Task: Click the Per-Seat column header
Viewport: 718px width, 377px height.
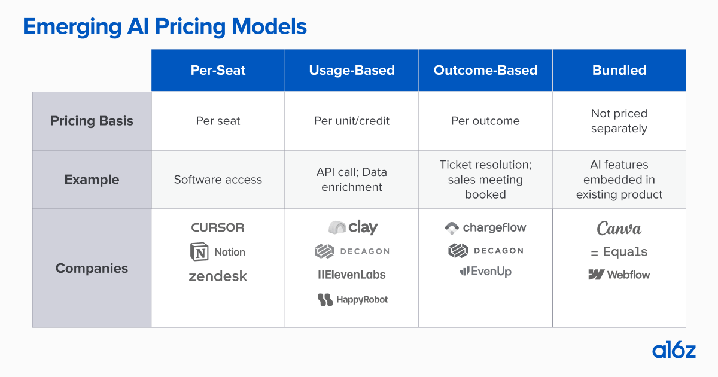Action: tap(218, 70)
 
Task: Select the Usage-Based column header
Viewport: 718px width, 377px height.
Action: tap(352, 70)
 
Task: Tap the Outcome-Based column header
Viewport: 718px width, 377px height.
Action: tap(485, 70)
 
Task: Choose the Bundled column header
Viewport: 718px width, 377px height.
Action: tap(619, 70)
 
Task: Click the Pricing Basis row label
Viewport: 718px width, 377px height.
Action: tap(92, 121)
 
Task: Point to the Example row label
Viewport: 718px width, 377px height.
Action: tap(92, 180)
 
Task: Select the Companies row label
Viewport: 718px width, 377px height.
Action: tap(92, 268)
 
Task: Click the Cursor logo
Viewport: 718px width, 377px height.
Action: tap(218, 227)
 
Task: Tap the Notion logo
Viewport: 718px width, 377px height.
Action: tap(218, 252)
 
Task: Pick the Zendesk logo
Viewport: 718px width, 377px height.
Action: tap(218, 276)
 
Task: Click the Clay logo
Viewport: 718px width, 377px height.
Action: tap(353, 227)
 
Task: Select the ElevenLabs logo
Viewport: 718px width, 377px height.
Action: tap(352, 275)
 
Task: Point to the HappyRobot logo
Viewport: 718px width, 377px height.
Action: tap(352, 299)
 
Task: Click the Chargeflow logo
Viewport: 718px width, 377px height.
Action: tap(485, 227)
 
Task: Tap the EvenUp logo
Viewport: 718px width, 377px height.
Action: tap(485, 272)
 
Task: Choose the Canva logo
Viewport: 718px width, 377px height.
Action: tap(619, 229)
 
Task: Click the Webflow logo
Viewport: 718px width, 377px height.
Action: tap(619, 275)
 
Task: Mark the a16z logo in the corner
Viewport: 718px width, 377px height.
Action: tap(674, 350)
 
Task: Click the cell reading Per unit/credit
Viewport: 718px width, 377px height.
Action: tap(352, 121)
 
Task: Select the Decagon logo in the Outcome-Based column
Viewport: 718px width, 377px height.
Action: tap(485, 251)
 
